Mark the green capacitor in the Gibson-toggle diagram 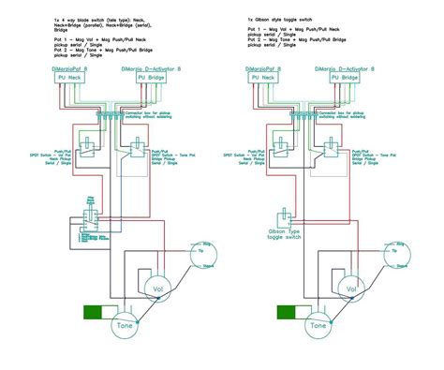tap(287, 313)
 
